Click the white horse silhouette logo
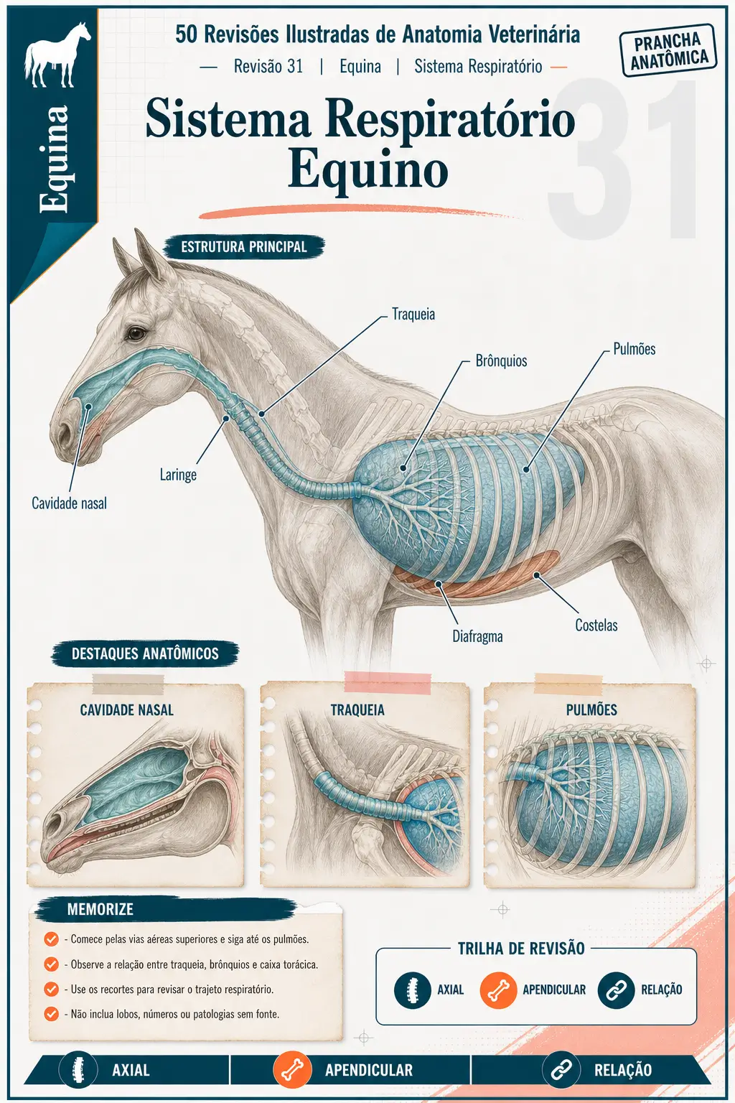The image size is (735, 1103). [57, 55]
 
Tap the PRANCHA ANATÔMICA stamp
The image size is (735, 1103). [668, 51]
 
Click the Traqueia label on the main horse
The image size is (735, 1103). [413, 314]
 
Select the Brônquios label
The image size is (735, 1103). [501, 361]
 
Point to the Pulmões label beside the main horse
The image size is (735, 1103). [634, 349]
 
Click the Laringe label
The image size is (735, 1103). [178, 475]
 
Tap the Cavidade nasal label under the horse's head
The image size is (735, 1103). [69, 503]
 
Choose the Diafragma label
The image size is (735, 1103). [477, 637]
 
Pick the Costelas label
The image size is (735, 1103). [596, 625]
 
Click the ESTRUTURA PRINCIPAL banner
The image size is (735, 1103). [244, 247]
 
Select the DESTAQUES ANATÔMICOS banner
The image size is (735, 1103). [145, 653]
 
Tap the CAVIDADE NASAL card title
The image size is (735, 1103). [127, 710]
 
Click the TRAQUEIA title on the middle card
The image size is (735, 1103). [357, 710]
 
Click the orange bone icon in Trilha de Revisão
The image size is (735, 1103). [498, 990]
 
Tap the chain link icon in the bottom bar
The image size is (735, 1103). [561, 1070]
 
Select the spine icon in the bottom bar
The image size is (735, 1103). [78, 1070]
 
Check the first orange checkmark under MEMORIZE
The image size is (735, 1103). [51, 939]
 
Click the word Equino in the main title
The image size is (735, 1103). [367, 170]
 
